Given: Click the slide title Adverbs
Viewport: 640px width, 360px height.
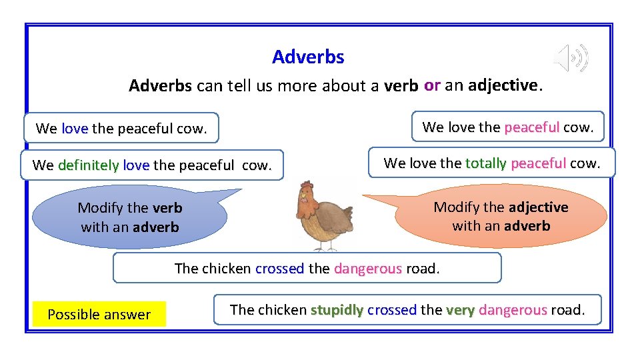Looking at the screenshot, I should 308,57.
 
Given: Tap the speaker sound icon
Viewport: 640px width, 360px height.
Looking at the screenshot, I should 573,58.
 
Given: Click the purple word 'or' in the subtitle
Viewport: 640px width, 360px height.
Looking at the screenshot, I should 432,85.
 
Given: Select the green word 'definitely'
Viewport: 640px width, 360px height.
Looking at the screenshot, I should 89,165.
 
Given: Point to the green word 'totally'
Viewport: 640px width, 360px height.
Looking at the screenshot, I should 485,163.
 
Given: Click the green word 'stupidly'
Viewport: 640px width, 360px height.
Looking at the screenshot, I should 337,310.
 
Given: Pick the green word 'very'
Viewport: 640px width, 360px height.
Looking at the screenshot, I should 460,310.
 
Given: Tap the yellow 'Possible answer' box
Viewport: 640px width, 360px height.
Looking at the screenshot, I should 99,315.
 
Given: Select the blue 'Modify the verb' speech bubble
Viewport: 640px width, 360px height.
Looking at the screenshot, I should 130,217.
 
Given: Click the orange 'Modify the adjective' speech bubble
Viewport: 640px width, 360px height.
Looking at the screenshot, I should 501,216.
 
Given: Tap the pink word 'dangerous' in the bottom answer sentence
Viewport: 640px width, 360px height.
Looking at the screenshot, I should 513,310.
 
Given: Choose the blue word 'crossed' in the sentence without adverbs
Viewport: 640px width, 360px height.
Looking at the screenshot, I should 279,269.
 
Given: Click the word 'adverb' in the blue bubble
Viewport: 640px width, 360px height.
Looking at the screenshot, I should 156,227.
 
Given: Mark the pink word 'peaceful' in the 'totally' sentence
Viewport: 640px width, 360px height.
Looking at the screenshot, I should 538,163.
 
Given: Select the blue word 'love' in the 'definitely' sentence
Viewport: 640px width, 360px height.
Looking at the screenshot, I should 136,165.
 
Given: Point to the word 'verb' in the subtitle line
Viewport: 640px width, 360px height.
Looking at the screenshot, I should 401,86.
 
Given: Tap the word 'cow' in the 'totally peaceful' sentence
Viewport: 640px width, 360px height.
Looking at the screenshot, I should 583,163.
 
